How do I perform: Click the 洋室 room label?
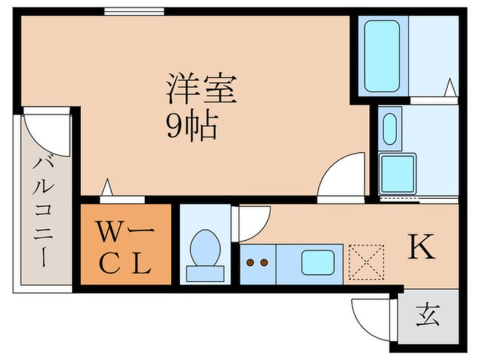[x=201, y=90]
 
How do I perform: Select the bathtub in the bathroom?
[x=381, y=55]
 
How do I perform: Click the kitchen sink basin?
[x=317, y=263]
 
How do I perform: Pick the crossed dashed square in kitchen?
[x=366, y=262]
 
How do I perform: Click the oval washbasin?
[x=390, y=129]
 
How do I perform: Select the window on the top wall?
[x=134, y=11]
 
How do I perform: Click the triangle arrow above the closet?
[x=106, y=187]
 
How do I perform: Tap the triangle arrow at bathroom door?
[x=449, y=88]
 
